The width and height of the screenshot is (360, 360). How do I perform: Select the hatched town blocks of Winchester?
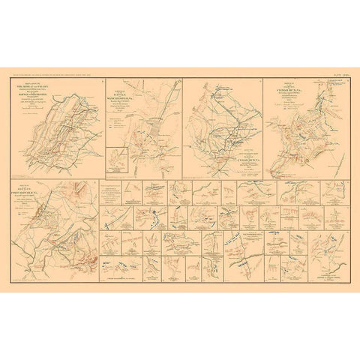154,133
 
